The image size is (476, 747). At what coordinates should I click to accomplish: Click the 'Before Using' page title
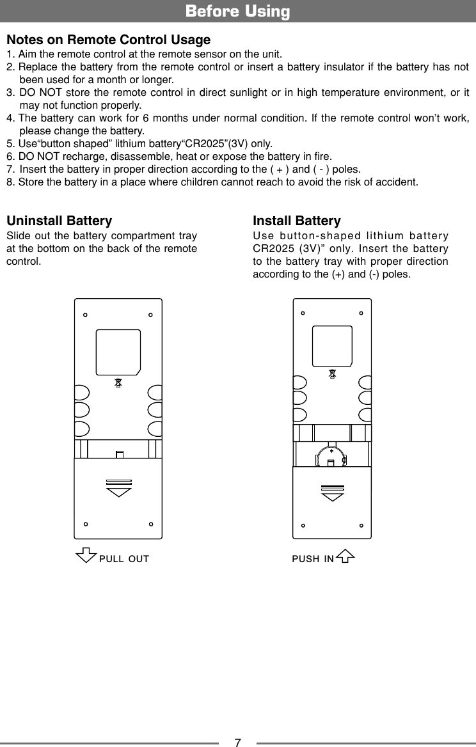coord(237,12)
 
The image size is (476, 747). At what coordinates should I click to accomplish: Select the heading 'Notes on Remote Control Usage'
coord(108,40)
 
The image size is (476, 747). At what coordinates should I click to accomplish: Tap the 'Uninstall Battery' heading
coord(59,221)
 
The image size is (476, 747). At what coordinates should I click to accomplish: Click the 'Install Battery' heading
coord(297,221)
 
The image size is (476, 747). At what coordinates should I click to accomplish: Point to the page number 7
coord(237,743)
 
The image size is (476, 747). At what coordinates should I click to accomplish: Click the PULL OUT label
coord(124,559)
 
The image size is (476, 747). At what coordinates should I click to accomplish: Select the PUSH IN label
coord(312,559)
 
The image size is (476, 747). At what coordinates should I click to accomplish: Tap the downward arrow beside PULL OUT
coord(86,557)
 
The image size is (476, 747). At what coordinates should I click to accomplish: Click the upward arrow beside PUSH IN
coord(345,557)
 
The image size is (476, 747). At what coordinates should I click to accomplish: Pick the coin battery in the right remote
coord(331,457)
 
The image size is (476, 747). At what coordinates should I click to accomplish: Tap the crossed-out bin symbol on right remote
coord(332,374)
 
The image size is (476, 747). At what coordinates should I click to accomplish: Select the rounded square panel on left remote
coord(118,352)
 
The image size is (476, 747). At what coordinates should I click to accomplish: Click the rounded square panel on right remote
coord(332,345)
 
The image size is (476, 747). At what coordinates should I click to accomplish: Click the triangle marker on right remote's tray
coord(332,496)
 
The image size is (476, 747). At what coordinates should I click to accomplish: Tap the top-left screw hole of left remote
coord(85,315)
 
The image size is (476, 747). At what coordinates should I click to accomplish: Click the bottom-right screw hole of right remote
coord(361,526)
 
